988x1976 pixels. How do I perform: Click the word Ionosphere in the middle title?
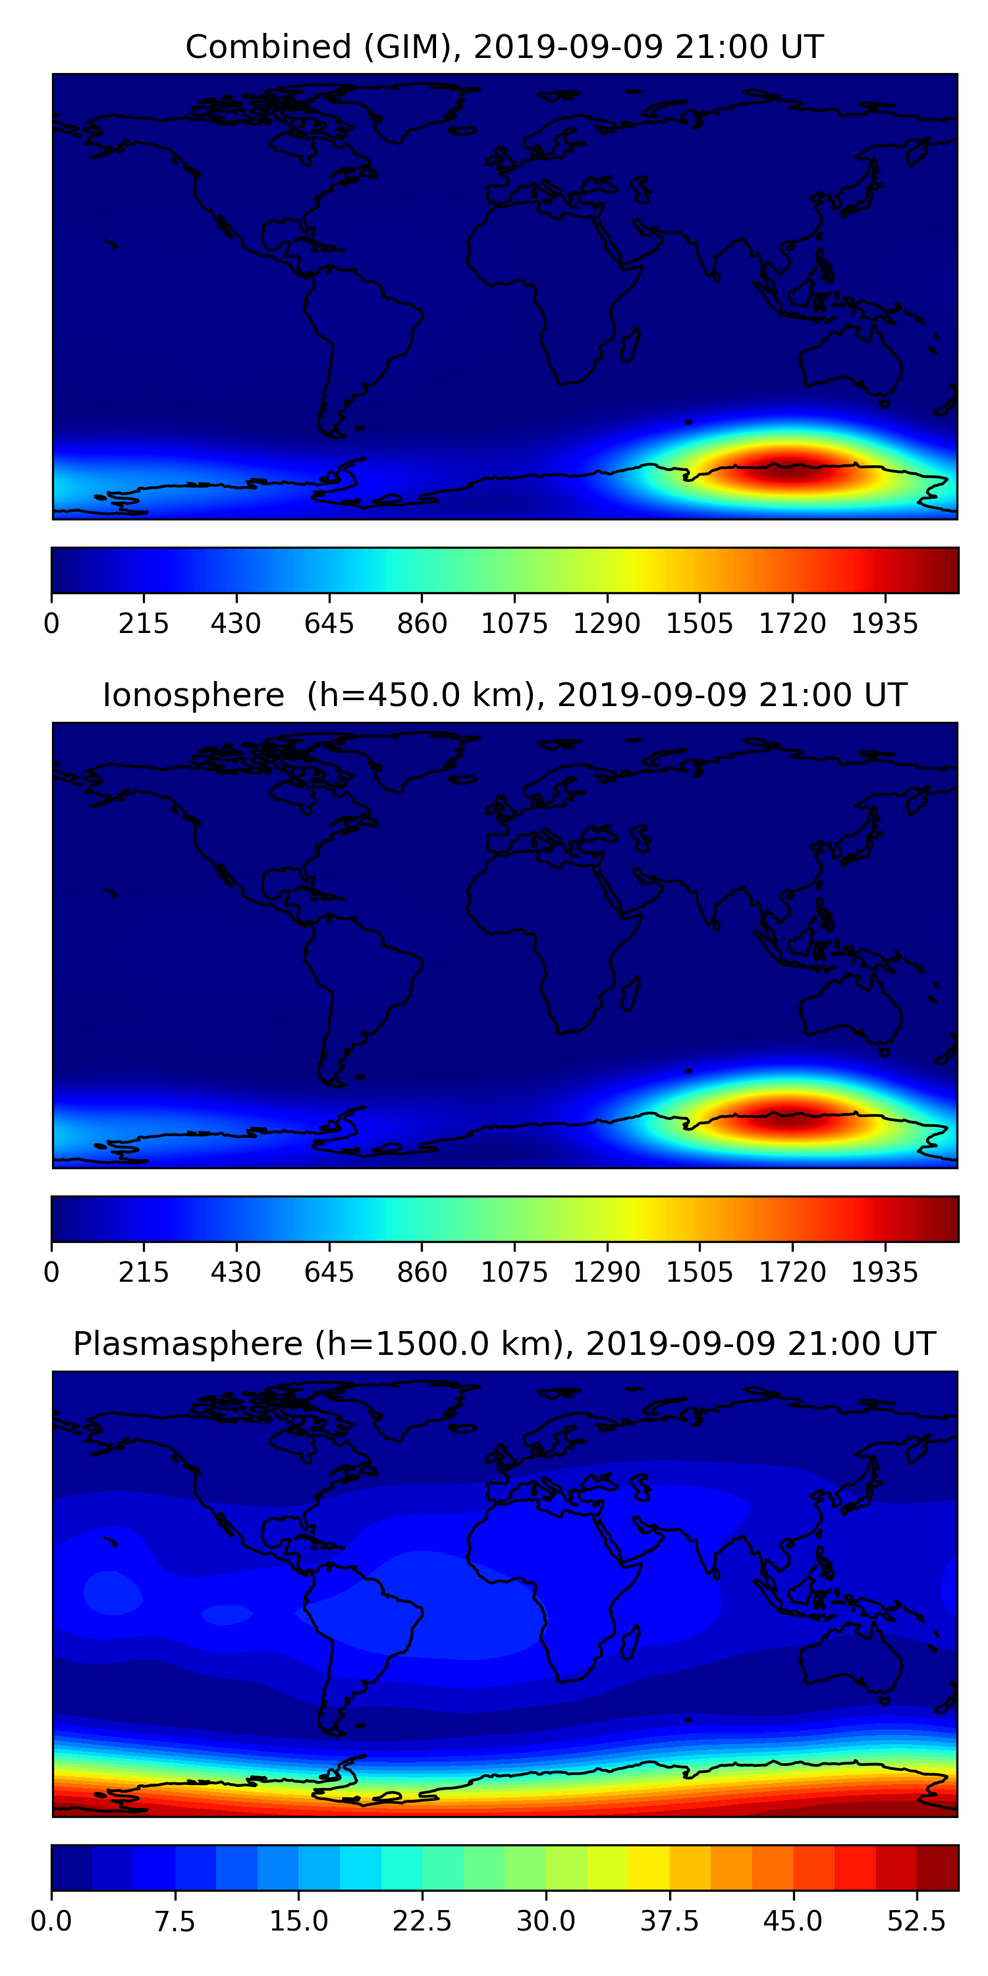tap(193, 696)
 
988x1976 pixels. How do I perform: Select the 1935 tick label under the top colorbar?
tap(885, 624)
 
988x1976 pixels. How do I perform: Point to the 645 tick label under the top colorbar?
tap(329, 624)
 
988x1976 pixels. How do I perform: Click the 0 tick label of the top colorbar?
tap(51, 624)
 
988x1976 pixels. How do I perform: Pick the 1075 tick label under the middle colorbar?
tap(514, 1273)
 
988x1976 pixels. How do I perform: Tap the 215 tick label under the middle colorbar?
tap(144, 1273)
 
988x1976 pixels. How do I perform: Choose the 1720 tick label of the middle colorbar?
tap(792, 1273)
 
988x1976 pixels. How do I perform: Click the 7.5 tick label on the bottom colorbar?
tap(175, 1921)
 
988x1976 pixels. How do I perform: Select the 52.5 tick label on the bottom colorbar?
tap(917, 1921)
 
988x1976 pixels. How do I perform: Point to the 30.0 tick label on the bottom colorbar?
tap(545, 1921)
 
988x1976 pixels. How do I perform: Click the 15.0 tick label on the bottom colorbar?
tap(298, 1921)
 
